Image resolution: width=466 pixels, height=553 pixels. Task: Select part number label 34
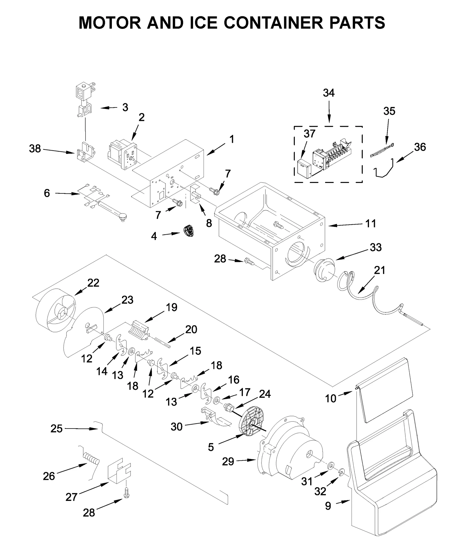coord(329,93)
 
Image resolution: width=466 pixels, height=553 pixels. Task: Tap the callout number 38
coord(35,149)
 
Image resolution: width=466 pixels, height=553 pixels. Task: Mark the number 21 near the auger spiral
coord(379,270)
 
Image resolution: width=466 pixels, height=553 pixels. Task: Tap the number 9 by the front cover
coord(328,506)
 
